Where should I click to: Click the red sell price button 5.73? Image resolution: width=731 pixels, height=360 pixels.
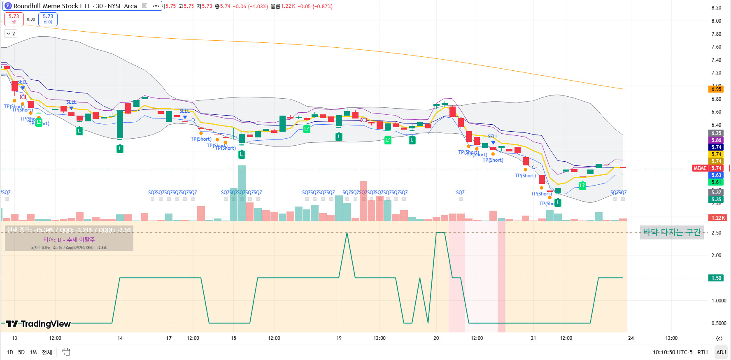[x=14, y=19]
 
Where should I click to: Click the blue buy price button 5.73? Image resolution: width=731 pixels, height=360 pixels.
[x=48, y=19]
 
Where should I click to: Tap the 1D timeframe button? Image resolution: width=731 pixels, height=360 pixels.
[x=10, y=352]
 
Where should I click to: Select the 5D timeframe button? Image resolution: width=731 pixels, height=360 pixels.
[x=21, y=352]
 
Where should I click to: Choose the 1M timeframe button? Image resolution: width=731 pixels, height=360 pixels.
[x=33, y=352]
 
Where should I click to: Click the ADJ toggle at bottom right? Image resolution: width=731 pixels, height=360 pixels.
[x=721, y=352]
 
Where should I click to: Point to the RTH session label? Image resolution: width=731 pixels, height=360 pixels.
[x=702, y=352]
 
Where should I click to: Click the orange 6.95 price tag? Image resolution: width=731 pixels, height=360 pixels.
[x=716, y=89]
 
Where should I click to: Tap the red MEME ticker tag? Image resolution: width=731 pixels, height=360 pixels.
[x=700, y=168]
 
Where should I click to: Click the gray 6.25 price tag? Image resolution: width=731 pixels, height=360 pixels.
[x=716, y=133]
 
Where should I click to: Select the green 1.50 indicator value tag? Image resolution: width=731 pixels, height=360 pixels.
[x=716, y=278]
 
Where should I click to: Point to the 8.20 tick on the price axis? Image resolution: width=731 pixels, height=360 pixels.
[x=716, y=8]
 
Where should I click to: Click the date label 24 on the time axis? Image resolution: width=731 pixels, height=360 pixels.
[x=631, y=338]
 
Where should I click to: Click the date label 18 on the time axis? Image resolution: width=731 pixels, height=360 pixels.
[x=233, y=338]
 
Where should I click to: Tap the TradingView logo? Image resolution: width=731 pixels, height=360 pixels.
[x=39, y=324]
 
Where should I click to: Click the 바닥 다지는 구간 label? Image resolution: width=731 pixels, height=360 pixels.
[x=672, y=232]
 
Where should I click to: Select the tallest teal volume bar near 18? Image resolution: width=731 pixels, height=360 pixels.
[x=242, y=193]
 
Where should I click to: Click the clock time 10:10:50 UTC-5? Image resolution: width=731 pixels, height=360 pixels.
[x=672, y=352]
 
